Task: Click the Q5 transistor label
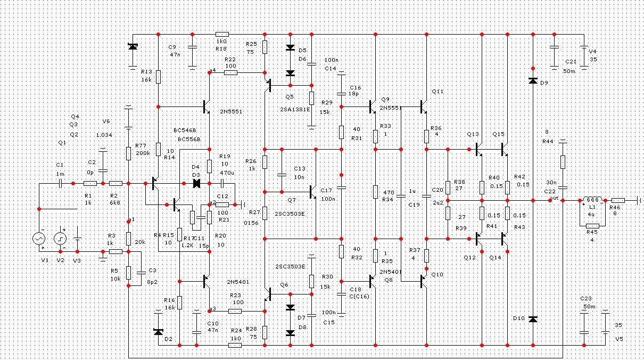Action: coord(289,96)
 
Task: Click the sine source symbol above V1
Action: coord(40,239)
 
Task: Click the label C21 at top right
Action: coord(571,62)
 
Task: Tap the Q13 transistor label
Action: coord(473,134)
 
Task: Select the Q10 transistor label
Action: coord(437,274)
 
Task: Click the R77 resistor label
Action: coord(141,145)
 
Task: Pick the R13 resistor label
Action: coord(146,71)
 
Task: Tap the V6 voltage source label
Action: coord(105,121)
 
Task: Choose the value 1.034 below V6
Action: coord(104,135)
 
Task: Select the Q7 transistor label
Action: coord(291,200)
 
